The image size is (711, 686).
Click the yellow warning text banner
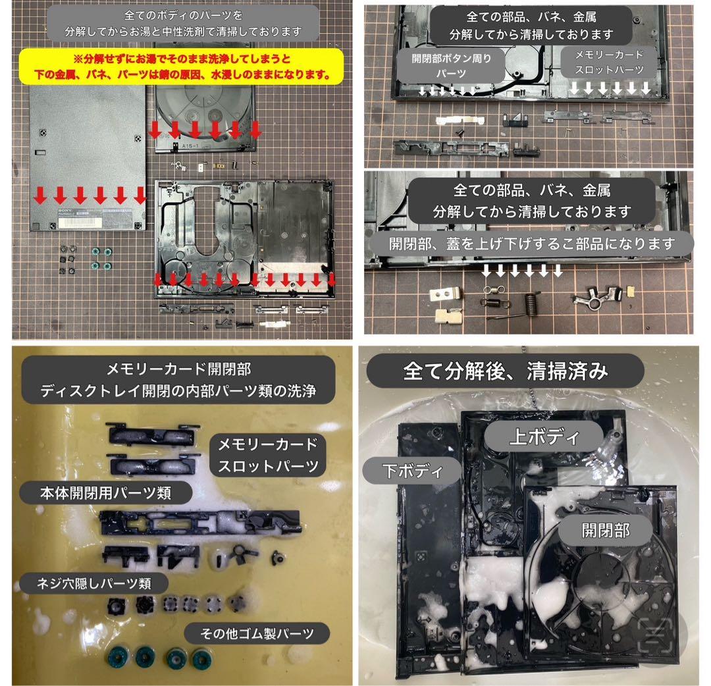[x=182, y=66]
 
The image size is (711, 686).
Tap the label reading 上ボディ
[x=544, y=436]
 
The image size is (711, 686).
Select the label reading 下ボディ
[x=412, y=471]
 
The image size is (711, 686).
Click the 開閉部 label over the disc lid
[x=606, y=530]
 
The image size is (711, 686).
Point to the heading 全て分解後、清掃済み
[x=505, y=371]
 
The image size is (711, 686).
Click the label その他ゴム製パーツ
[x=257, y=633]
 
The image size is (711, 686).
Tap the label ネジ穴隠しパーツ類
[x=93, y=583]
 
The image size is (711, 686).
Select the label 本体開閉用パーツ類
[x=105, y=493]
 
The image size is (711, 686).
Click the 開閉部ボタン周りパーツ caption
[x=451, y=66]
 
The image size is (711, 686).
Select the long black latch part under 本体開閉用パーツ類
[x=199, y=522]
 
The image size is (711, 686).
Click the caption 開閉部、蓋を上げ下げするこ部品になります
[x=532, y=244]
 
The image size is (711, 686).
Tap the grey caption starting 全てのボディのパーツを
[x=183, y=23]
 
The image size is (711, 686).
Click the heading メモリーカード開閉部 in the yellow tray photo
[x=178, y=369]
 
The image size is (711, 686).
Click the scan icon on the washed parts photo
[x=655, y=635]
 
